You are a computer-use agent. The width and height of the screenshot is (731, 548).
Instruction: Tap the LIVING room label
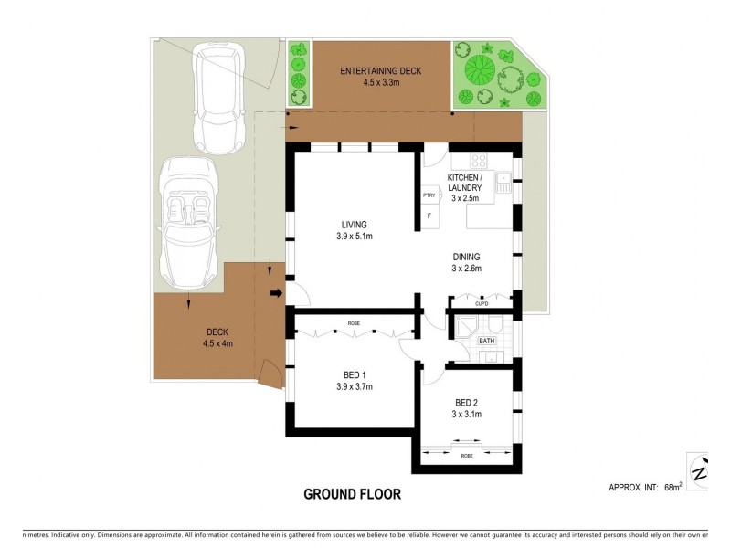[354, 225]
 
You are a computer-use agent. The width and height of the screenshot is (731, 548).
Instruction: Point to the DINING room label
[466, 257]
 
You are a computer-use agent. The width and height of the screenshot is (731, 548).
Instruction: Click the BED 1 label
[354, 375]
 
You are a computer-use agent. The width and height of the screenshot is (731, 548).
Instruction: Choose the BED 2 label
[467, 403]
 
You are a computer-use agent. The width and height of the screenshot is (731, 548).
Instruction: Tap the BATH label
[487, 342]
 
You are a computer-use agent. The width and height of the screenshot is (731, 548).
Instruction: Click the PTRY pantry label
[428, 195]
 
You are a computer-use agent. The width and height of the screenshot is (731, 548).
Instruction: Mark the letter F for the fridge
[429, 216]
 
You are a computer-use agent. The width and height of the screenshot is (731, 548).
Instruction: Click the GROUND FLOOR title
[352, 494]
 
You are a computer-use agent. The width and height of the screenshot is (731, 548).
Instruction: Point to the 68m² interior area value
[673, 488]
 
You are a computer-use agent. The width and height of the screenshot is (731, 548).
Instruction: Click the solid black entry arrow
[275, 293]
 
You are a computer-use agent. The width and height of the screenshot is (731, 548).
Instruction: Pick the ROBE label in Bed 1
[354, 323]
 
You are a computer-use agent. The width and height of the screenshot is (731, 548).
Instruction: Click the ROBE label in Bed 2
[467, 455]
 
